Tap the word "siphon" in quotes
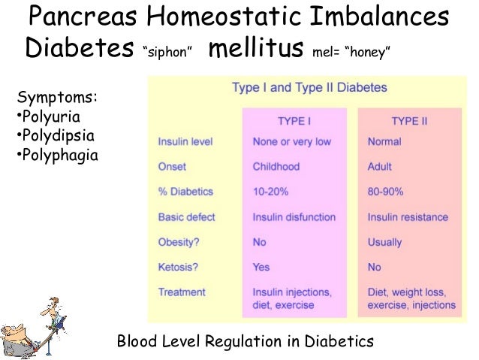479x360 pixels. point(170,52)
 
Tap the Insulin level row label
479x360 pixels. point(185,141)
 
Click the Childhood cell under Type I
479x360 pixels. point(276,167)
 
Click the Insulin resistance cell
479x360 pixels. point(408,217)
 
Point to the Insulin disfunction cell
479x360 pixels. point(294,217)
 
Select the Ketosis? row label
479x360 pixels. point(179,267)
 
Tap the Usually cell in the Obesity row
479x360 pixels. point(384,242)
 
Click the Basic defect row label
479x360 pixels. point(186,217)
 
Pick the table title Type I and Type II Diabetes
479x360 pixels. point(309,87)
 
